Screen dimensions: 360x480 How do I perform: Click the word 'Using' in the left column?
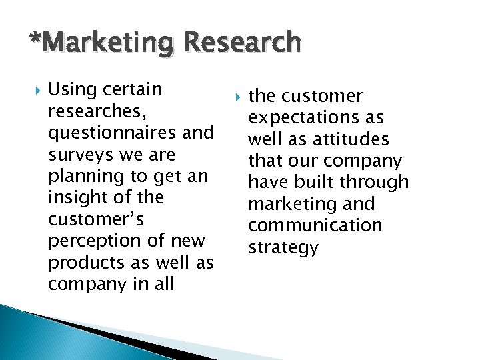(x=71, y=89)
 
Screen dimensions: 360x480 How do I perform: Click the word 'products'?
(x=82, y=263)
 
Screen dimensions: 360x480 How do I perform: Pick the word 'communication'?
(x=315, y=225)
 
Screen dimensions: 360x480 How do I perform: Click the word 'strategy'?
(x=283, y=248)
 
